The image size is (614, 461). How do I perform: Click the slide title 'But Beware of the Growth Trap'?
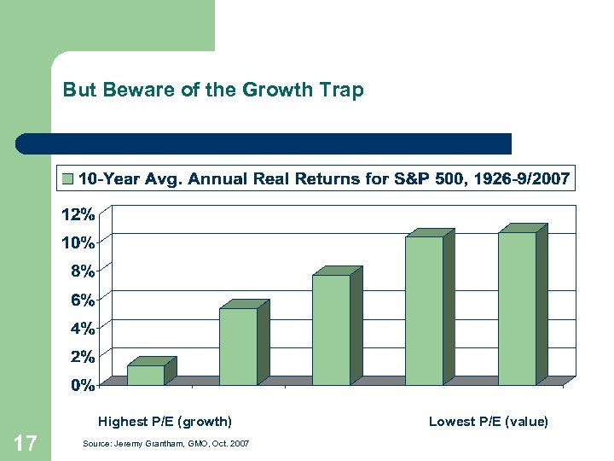coord(213,90)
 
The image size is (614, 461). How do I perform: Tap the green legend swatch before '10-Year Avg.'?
coord(67,178)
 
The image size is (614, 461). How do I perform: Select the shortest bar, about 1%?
coord(146,375)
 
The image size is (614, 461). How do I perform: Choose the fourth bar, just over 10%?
coord(424,311)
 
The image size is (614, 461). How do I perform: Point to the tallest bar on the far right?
coord(517,308)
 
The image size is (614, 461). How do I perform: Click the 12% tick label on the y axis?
coord(78,213)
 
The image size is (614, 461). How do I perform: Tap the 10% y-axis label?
coord(78,242)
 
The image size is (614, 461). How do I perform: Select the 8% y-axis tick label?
coord(81,271)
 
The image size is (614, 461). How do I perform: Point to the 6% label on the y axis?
coord(81,300)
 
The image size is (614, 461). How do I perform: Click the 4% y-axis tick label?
coord(81,328)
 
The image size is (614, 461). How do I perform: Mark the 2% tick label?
coord(81,356)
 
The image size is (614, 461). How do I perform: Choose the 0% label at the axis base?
coord(81,385)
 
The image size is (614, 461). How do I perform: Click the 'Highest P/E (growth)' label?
coord(165,421)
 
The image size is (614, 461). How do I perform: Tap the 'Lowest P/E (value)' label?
coord(488,421)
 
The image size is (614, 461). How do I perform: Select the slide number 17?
coord(26,443)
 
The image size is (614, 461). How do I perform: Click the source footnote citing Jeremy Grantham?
coord(166,445)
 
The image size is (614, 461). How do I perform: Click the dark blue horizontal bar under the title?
coord(264,143)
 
